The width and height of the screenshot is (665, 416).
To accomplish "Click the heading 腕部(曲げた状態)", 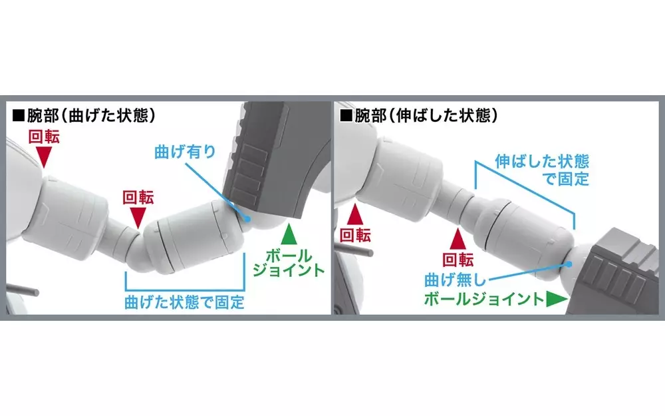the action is click(90, 115).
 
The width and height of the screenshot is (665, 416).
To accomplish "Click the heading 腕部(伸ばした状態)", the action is click(426, 115).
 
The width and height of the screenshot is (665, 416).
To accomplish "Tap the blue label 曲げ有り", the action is click(185, 152).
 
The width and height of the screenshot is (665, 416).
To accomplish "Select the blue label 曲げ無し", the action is click(455, 281).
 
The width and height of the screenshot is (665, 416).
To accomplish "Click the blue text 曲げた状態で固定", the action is click(184, 302).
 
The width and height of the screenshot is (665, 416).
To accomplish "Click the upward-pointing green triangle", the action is click(289, 234).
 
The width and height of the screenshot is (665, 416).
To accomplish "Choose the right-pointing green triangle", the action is click(557, 299).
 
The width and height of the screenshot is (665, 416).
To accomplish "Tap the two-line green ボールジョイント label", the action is click(289, 263).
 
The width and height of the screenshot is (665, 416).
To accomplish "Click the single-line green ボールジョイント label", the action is click(484, 299).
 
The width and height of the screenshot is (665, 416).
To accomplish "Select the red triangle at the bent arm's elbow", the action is click(138, 218).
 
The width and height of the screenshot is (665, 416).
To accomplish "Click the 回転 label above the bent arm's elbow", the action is click(138, 198).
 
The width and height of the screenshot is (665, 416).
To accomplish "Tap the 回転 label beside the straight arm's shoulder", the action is click(355, 235).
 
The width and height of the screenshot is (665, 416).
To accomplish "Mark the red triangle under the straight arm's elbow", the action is click(458, 239).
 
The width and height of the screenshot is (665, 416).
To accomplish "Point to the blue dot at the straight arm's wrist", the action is click(569, 264).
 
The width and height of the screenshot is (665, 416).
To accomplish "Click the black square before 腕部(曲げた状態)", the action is click(19, 116).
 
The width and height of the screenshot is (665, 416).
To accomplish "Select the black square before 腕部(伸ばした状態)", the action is click(346, 116).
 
